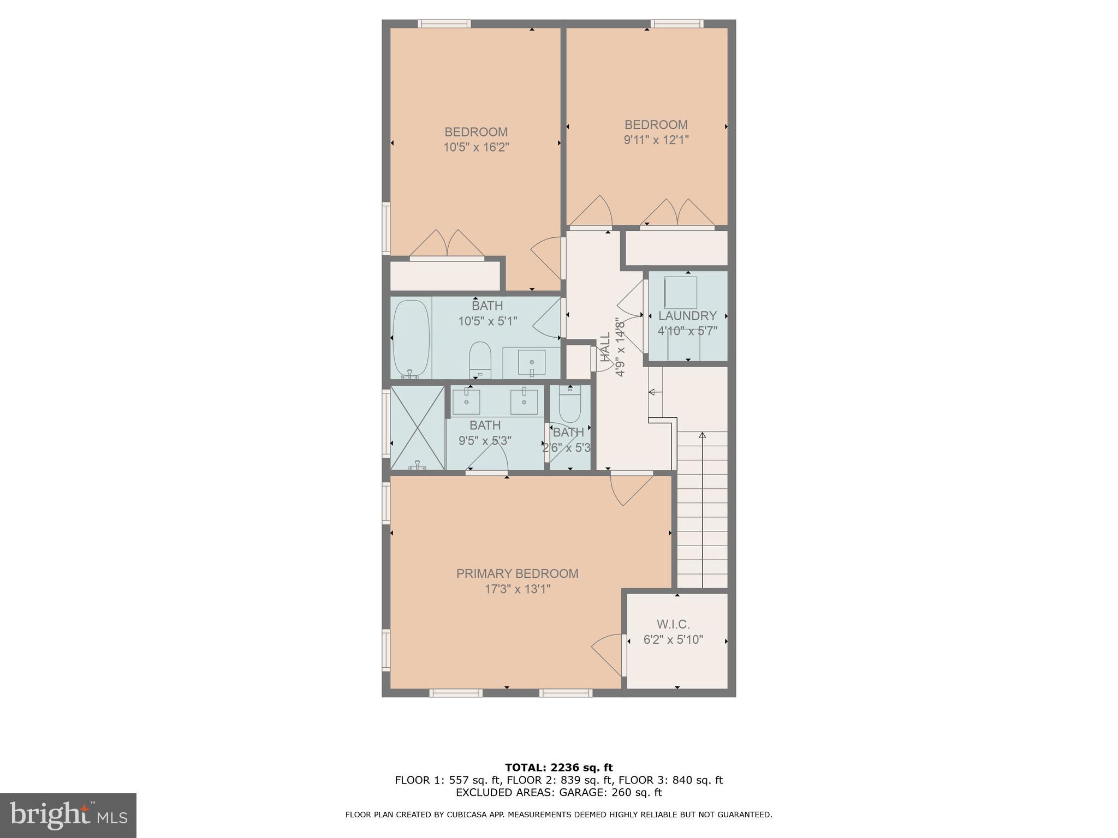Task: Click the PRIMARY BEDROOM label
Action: (x=517, y=573)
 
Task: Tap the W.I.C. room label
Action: (x=673, y=624)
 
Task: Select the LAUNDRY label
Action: (x=687, y=316)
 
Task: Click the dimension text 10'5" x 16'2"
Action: (x=476, y=147)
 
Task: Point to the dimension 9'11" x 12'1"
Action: (x=656, y=140)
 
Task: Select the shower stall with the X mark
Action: (x=418, y=427)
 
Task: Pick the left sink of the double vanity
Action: (x=467, y=402)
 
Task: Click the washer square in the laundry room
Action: (x=680, y=292)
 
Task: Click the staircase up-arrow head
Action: (x=702, y=435)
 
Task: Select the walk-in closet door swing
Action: (x=607, y=653)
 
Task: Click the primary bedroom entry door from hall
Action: (x=631, y=489)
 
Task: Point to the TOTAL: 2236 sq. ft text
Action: (x=558, y=768)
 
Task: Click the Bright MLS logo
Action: (x=68, y=815)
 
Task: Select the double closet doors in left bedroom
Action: (x=447, y=244)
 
